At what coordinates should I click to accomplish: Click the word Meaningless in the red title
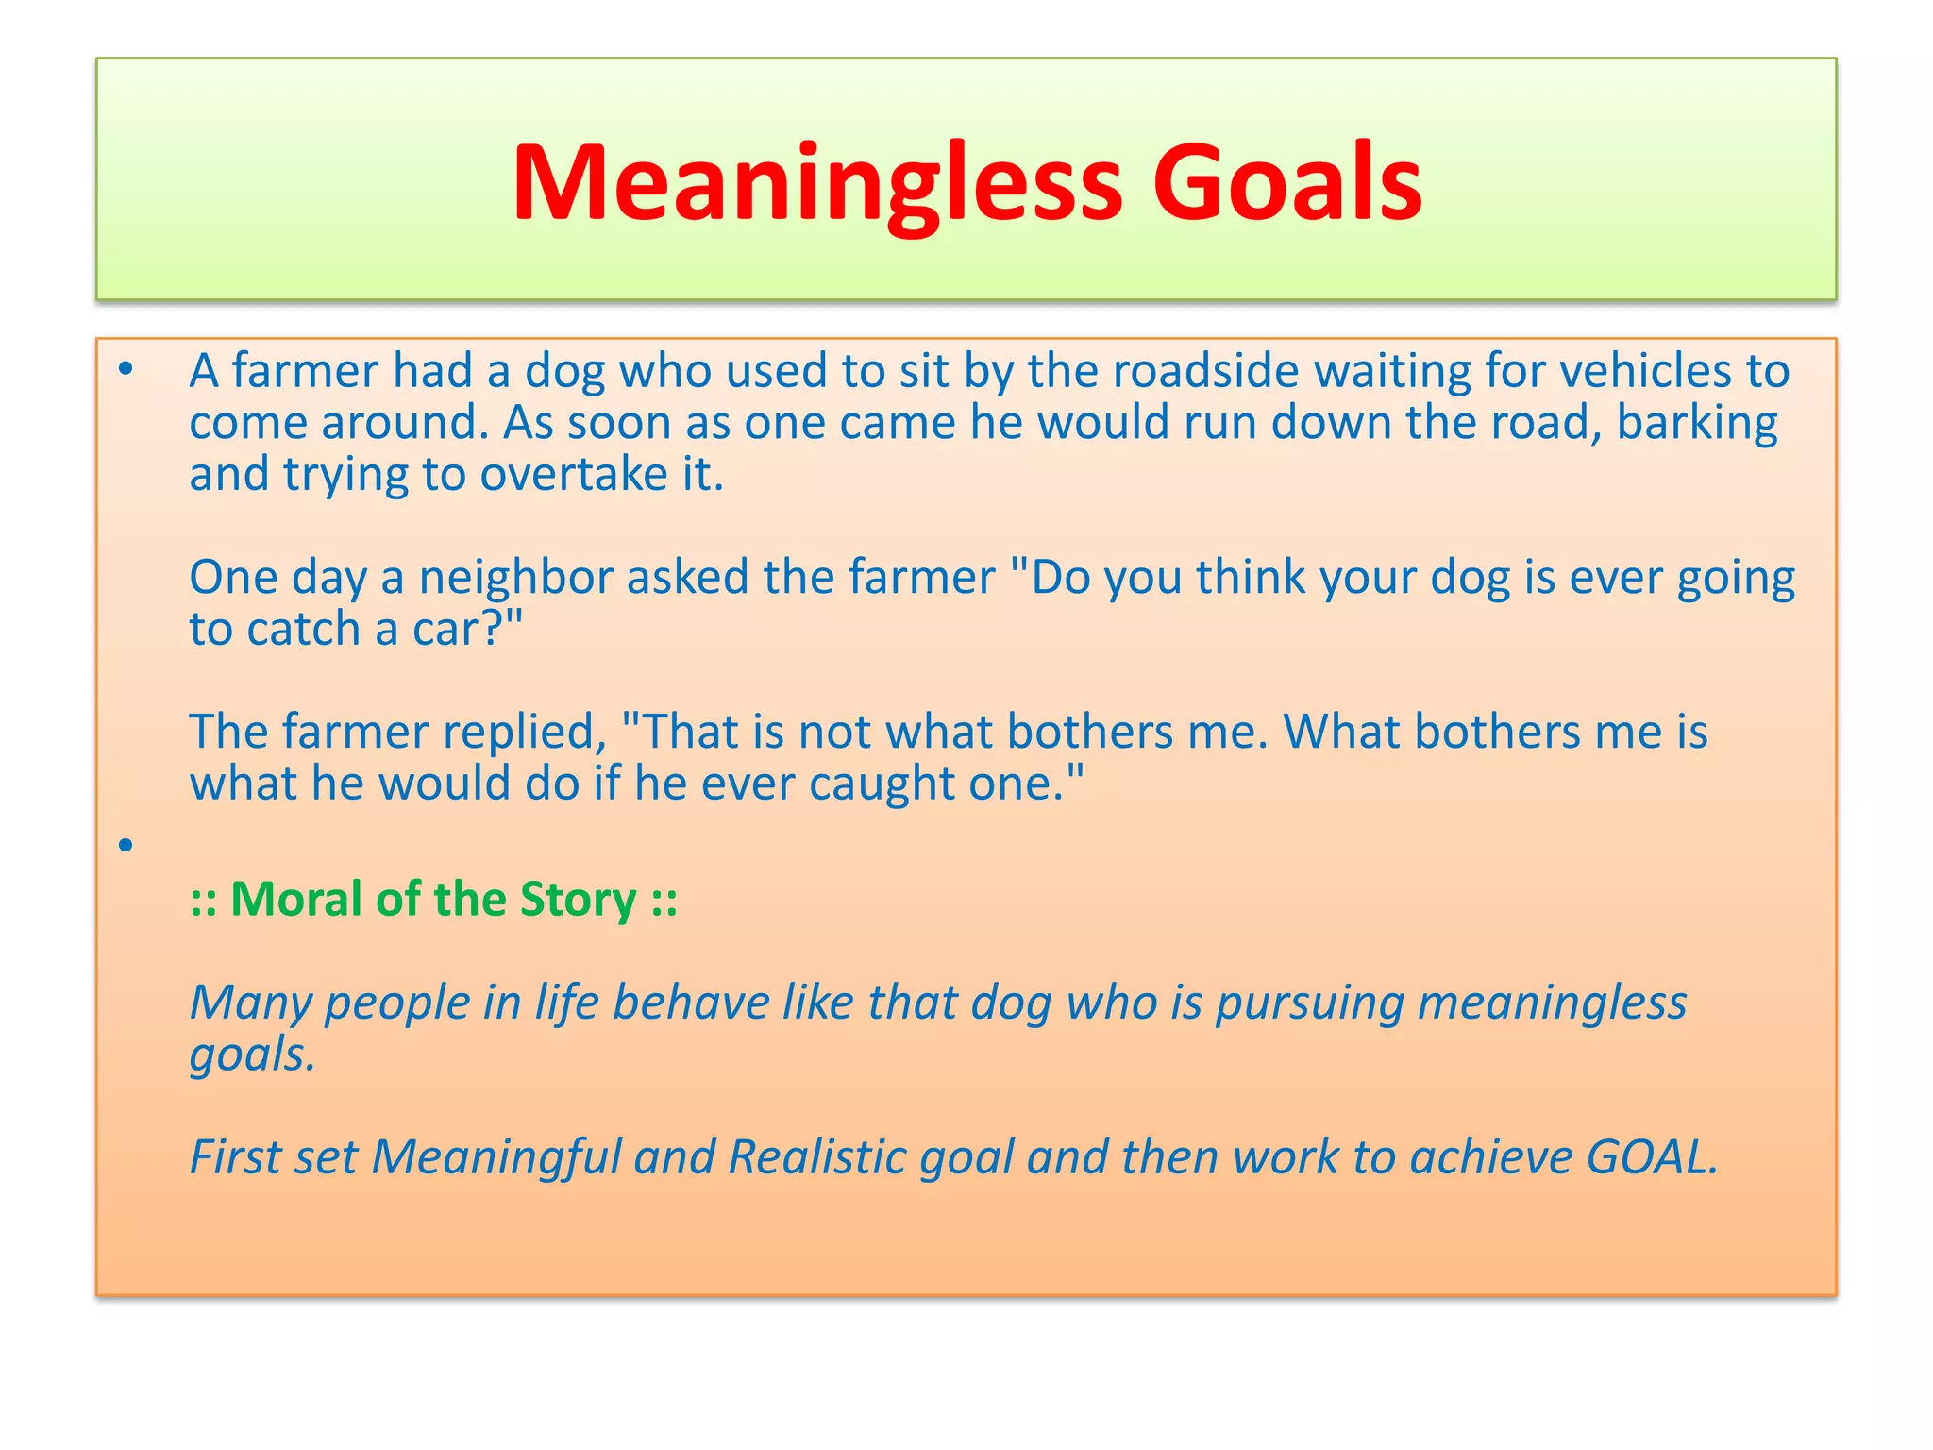click(x=816, y=184)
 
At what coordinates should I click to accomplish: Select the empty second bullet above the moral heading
click(x=126, y=844)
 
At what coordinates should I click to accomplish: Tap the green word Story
click(x=578, y=901)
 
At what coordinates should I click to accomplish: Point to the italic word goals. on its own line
click(x=252, y=1055)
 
